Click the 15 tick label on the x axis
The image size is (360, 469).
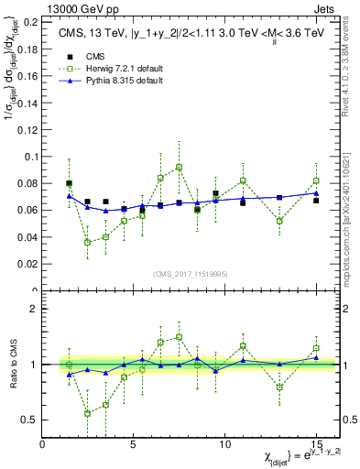pyautogui.click(x=315, y=444)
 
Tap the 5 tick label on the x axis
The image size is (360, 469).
pyautogui.click(x=134, y=444)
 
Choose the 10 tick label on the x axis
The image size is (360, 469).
pyautogui.click(x=224, y=444)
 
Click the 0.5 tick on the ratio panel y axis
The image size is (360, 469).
pyautogui.click(x=28, y=420)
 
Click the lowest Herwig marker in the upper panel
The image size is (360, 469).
pyautogui.click(x=88, y=242)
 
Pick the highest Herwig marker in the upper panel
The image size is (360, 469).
pyautogui.click(x=179, y=167)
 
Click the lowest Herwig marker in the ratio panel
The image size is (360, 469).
pyautogui.click(x=88, y=413)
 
